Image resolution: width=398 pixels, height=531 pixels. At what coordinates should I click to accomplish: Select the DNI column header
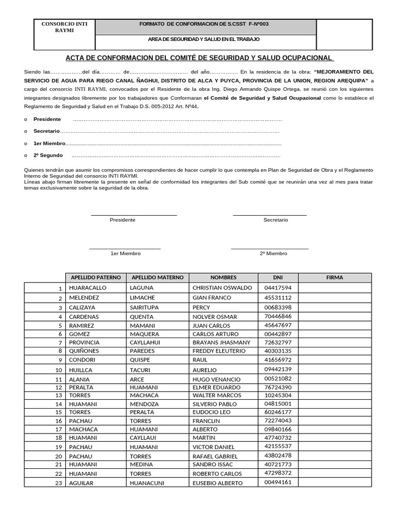tap(278, 277)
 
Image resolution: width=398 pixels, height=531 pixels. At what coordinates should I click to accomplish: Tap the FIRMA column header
tap(335, 277)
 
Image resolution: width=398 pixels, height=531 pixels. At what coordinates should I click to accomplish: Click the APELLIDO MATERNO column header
tap(158, 277)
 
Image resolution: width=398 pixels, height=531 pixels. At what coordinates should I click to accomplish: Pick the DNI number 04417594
tap(278, 287)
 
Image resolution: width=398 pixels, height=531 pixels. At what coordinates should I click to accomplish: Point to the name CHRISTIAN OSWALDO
tap(222, 287)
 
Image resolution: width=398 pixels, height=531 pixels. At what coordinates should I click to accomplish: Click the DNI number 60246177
tap(278, 412)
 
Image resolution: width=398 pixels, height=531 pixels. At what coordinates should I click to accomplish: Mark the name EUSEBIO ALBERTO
tap(218, 483)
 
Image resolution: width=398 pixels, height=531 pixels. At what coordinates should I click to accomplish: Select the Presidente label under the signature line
tap(122, 220)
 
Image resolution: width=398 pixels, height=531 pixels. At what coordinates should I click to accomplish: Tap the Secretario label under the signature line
tap(276, 220)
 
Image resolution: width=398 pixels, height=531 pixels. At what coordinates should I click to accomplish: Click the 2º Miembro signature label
tap(273, 254)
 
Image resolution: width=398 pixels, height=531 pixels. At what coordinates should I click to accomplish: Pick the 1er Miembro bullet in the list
tap(49, 143)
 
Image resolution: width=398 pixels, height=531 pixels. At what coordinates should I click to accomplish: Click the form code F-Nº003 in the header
tap(258, 24)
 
